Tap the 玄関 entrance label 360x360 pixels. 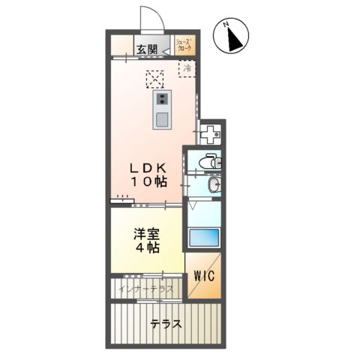[x=147, y=49]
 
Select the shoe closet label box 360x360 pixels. [x=184, y=45]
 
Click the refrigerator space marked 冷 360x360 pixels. [x=187, y=69]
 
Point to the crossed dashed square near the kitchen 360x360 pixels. [x=155, y=78]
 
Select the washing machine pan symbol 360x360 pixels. [x=210, y=135]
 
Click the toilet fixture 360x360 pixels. [x=210, y=160]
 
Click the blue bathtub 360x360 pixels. [x=203, y=239]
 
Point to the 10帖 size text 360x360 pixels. [x=151, y=182]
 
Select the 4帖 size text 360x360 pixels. [x=147, y=249]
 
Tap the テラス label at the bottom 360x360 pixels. [x=166, y=325]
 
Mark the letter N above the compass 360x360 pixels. [x=226, y=24]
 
